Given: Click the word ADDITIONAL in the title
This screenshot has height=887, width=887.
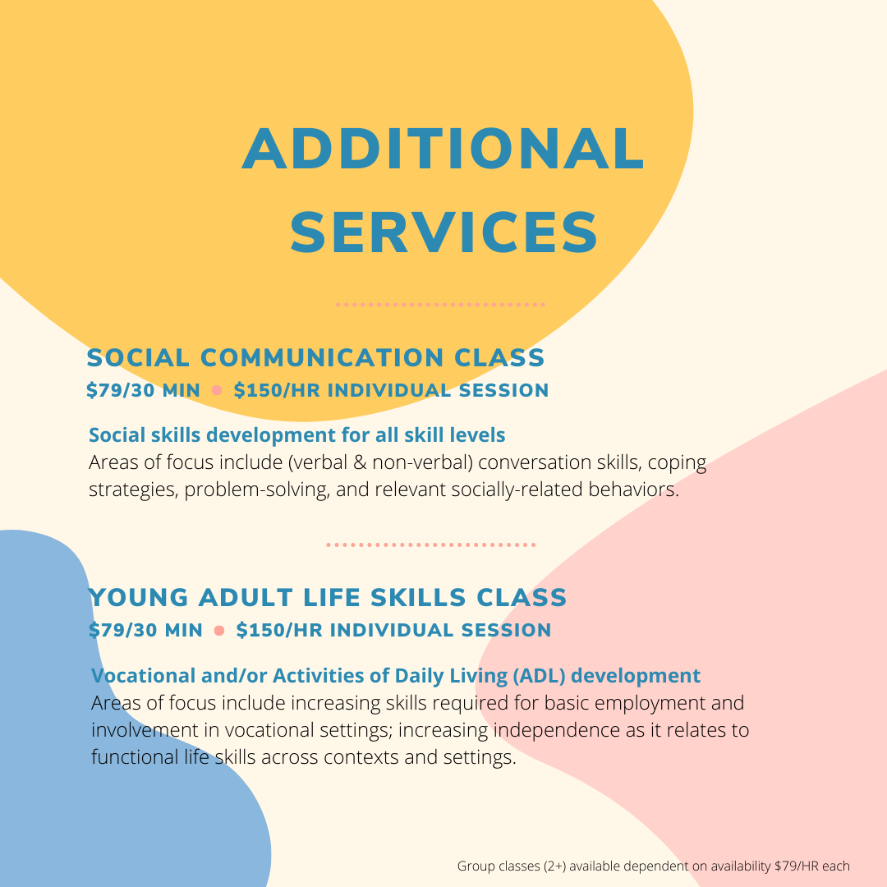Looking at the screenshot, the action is tap(443, 148).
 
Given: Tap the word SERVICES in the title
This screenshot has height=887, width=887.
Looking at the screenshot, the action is tap(444, 232).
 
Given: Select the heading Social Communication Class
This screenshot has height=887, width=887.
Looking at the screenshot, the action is tap(315, 357).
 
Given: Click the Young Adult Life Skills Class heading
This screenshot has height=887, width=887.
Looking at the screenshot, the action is tap(328, 597).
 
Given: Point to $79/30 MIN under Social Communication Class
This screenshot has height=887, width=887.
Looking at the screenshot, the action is tap(143, 390).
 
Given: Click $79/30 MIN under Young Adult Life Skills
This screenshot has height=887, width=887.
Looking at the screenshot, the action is tap(146, 630).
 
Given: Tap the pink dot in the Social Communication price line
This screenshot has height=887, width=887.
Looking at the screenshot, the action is tap(217, 390).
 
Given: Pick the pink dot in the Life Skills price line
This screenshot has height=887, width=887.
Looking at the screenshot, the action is tap(219, 630).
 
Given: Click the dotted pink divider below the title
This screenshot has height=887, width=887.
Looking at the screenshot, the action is tap(441, 305).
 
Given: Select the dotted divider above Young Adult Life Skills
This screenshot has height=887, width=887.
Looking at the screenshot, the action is tap(431, 545).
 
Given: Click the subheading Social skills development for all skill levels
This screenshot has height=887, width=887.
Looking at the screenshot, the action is tap(297, 435).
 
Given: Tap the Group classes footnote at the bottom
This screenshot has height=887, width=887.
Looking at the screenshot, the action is tap(654, 866).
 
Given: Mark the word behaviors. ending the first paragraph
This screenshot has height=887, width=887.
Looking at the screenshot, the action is tap(633, 489).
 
